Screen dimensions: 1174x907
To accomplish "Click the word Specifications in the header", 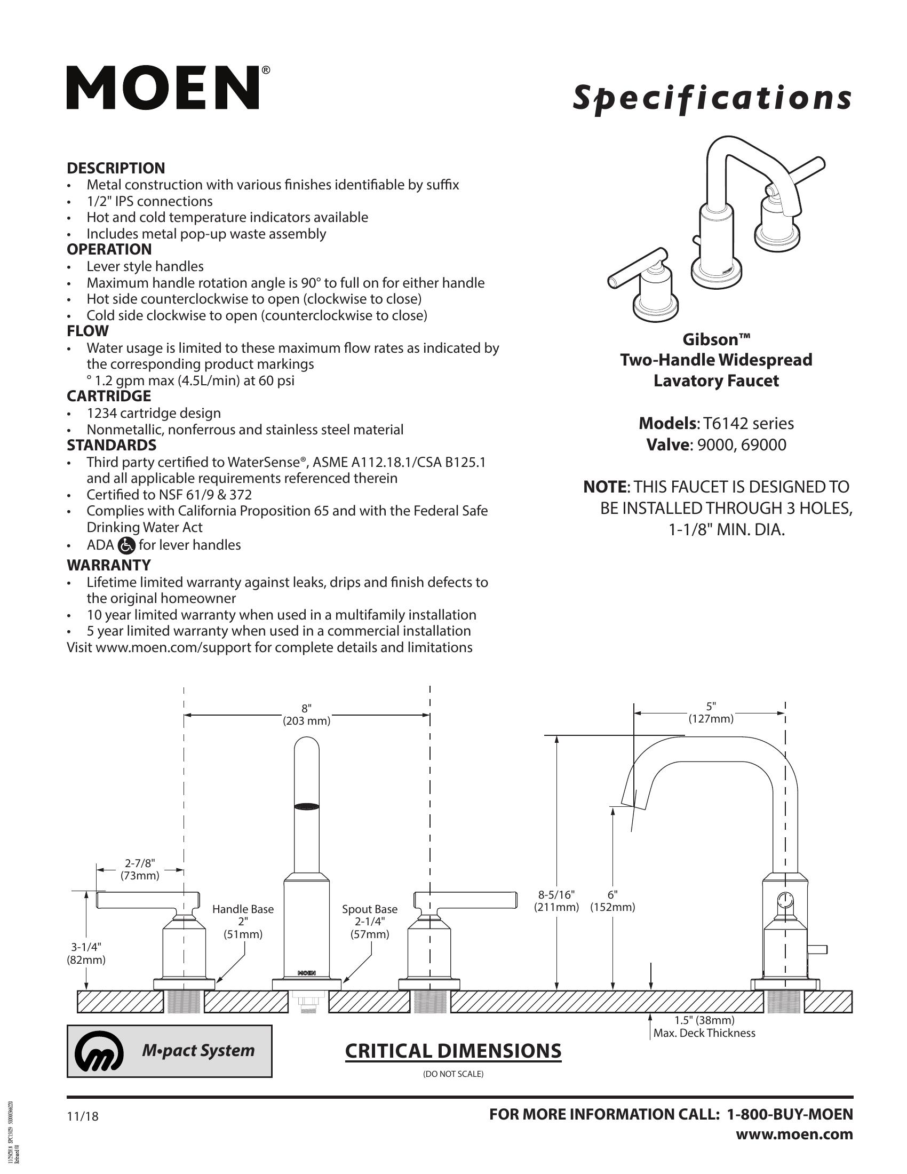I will [712, 99].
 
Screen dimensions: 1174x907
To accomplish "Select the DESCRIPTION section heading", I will [116, 168].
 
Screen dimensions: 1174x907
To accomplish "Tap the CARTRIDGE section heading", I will [108, 396].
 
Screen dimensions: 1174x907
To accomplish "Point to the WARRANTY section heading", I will [108, 565].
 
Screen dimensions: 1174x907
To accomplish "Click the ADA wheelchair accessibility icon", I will [126, 545].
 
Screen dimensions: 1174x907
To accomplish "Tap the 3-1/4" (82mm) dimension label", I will [86, 953].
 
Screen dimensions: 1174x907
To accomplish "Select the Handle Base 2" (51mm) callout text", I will [243, 922].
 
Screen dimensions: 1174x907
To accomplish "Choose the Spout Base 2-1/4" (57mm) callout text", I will [370, 922].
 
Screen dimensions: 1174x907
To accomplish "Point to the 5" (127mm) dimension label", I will [711, 713].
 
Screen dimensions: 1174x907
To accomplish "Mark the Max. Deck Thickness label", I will [704, 1033].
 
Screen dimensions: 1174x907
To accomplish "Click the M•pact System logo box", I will [169, 1051].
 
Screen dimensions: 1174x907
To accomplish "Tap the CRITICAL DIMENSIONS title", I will [453, 1051].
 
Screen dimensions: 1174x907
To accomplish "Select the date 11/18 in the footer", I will [83, 1116].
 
